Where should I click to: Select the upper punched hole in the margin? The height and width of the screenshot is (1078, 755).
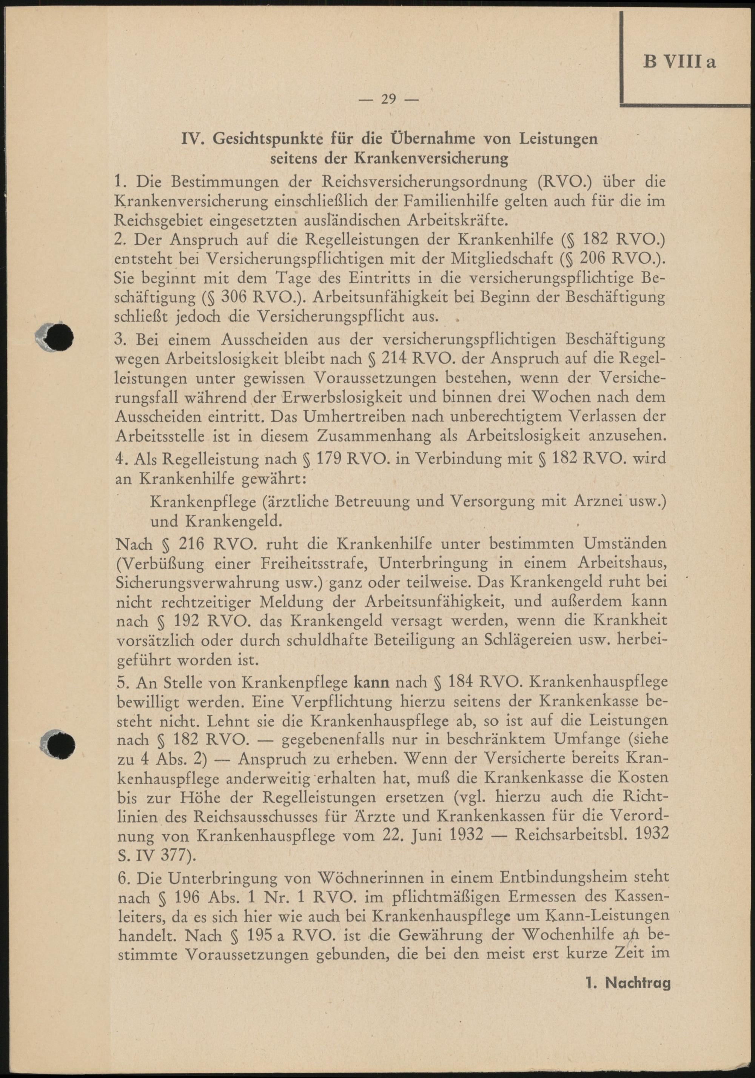60,337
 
